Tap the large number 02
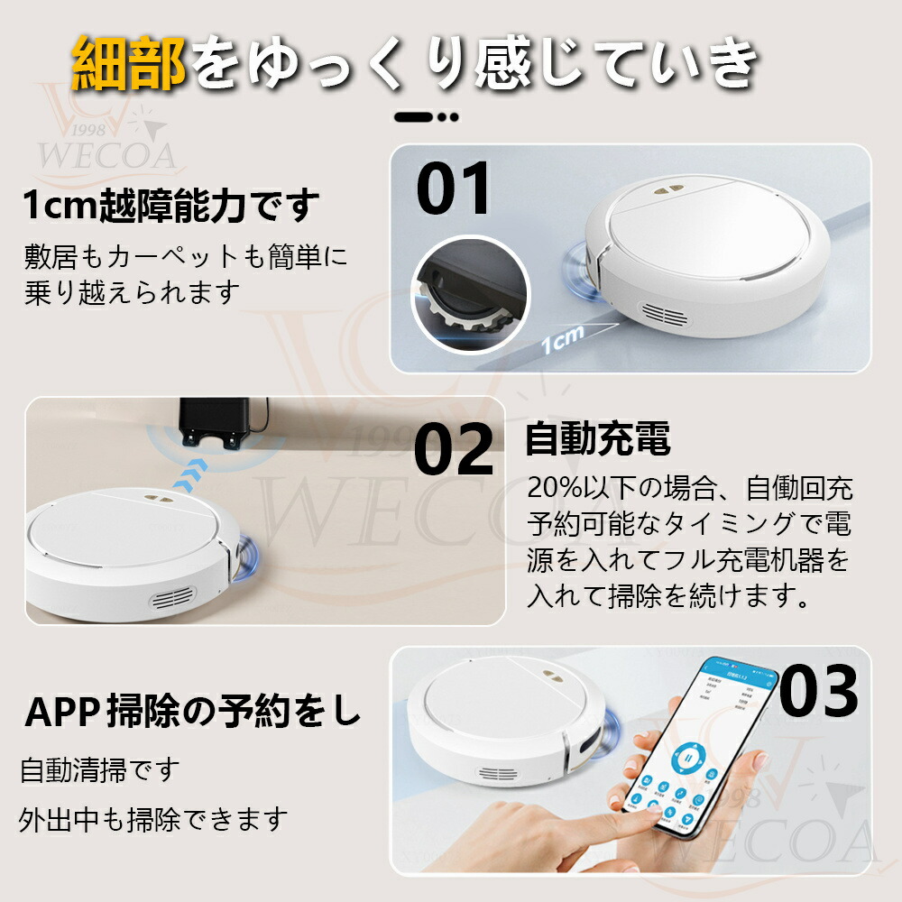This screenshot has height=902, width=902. (454, 448)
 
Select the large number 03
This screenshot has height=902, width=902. (818, 692)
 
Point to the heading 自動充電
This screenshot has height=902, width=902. (598, 440)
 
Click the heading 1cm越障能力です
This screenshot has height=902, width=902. (171, 207)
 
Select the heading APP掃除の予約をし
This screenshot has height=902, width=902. (193, 712)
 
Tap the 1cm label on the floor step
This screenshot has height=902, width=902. (563, 336)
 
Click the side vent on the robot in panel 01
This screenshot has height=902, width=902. (667, 316)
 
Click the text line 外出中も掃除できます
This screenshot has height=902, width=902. (153, 820)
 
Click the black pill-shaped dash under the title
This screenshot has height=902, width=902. (413, 116)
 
